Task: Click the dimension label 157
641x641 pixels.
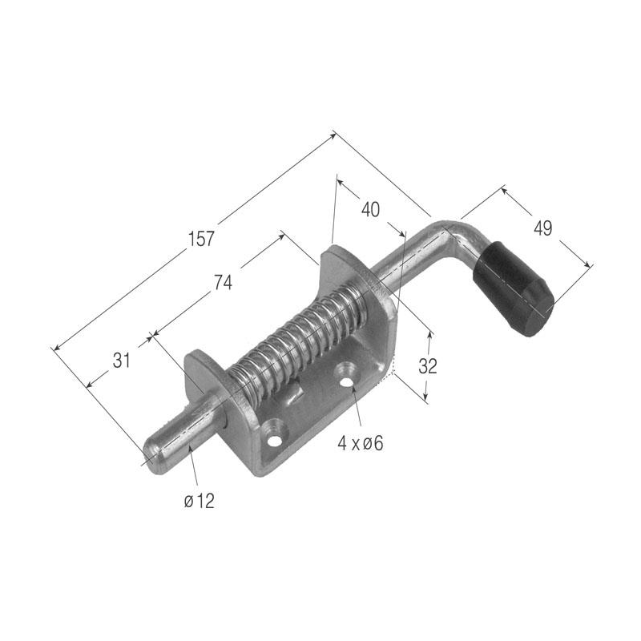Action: pyautogui.click(x=201, y=239)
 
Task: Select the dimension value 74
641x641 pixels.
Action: pyautogui.click(x=223, y=283)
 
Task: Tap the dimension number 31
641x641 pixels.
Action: pyautogui.click(x=122, y=361)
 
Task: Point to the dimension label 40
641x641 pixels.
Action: pyautogui.click(x=370, y=209)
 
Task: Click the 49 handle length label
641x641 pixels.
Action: pyautogui.click(x=543, y=228)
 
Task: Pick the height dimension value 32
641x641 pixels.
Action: pyautogui.click(x=428, y=366)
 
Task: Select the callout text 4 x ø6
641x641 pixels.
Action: pyautogui.click(x=361, y=444)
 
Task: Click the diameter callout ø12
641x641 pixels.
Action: pyautogui.click(x=199, y=501)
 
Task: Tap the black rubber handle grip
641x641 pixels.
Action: pyautogui.click(x=514, y=288)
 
